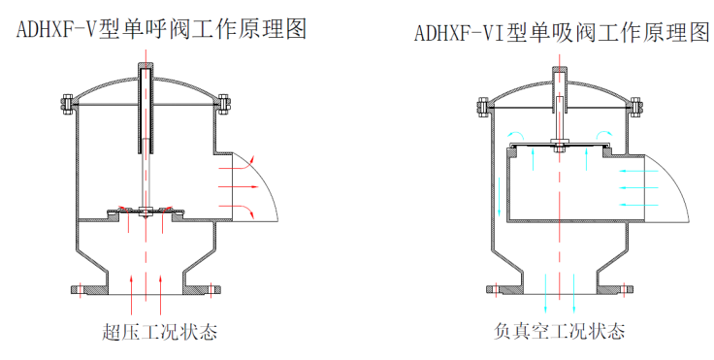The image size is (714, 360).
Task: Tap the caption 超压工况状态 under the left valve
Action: [x=159, y=332]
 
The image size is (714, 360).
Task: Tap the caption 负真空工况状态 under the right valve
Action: [x=559, y=331]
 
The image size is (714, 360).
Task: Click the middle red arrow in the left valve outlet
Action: [x=239, y=187]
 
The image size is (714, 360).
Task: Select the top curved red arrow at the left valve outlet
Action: [x=237, y=163]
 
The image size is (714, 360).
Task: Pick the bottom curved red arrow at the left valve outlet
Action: [x=237, y=211]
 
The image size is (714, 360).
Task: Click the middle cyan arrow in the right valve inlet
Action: [x=639, y=187]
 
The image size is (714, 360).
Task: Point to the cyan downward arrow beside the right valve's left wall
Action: [x=500, y=196]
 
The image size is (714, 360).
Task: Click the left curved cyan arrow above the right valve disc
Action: [x=515, y=134]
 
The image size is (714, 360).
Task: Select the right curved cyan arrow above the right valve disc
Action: [x=604, y=134]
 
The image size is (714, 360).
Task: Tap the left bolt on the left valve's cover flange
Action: [x=67, y=105]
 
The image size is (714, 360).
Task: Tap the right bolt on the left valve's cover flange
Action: [x=223, y=105]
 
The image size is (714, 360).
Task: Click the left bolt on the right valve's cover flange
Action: [x=483, y=108]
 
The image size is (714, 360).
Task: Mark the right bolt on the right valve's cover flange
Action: [x=635, y=108]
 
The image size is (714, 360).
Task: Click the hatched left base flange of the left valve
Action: [x=89, y=290]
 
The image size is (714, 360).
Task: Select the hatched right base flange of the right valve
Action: [x=615, y=289]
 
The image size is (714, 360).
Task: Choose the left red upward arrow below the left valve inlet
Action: [x=131, y=294]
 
